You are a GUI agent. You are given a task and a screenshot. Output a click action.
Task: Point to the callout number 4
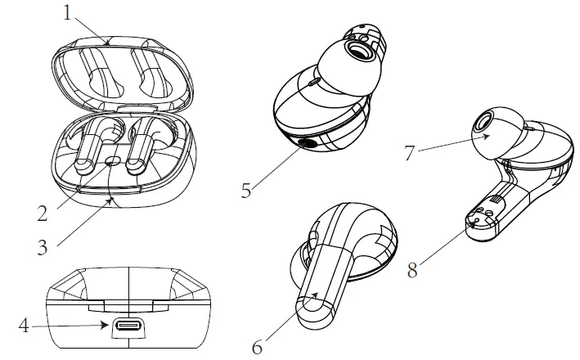point(25,326)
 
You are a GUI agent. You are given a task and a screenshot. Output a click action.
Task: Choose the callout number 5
point(245,191)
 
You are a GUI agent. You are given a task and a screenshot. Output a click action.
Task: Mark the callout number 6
point(257,345)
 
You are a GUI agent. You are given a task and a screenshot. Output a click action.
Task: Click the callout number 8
point(413,268)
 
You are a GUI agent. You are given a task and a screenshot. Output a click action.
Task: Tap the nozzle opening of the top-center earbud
point(358,52)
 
